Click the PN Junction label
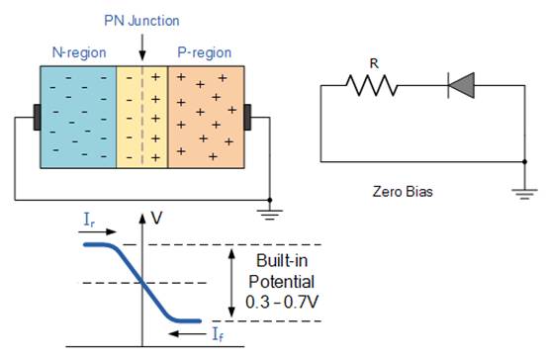point(142,20)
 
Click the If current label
point(216,335)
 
